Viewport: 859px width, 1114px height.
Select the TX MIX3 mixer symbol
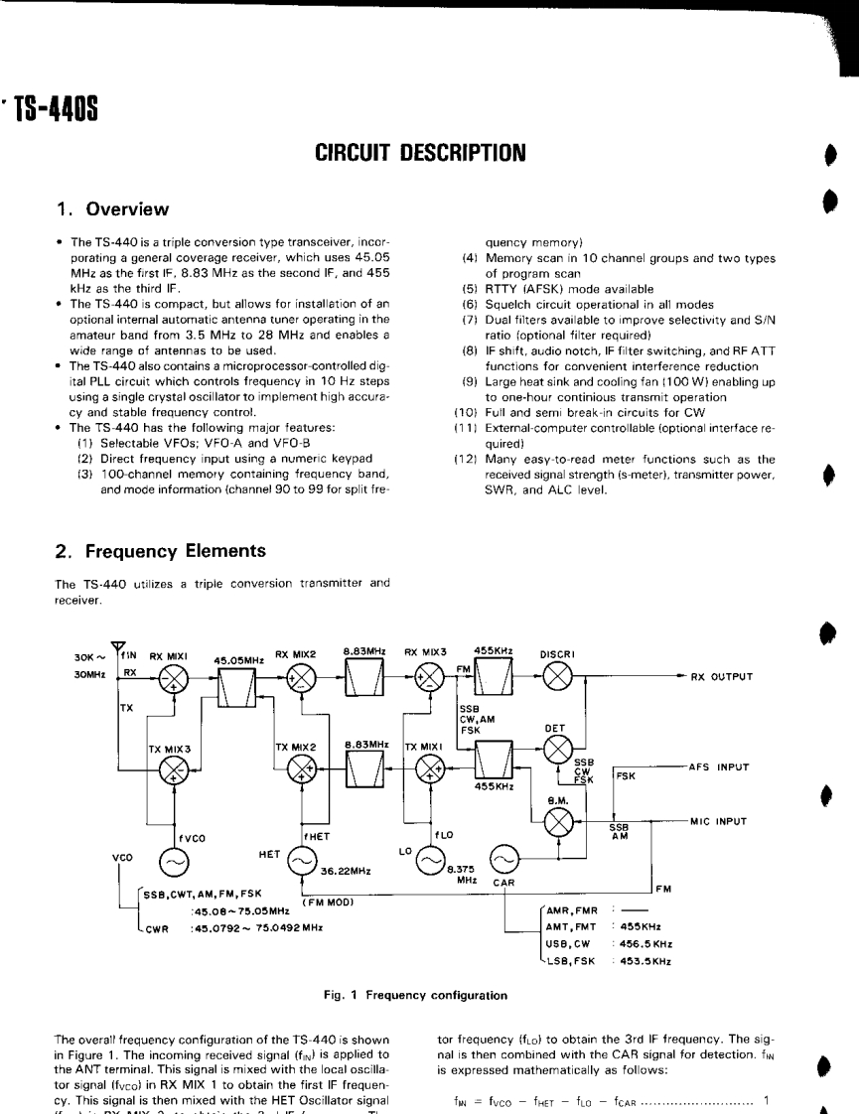[x=176, y=769]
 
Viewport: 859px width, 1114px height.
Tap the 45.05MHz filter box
[x=237, y=682]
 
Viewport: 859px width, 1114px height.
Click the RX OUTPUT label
[x=721, y=678]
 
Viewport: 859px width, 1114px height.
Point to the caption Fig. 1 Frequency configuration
[x=428, y=994]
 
